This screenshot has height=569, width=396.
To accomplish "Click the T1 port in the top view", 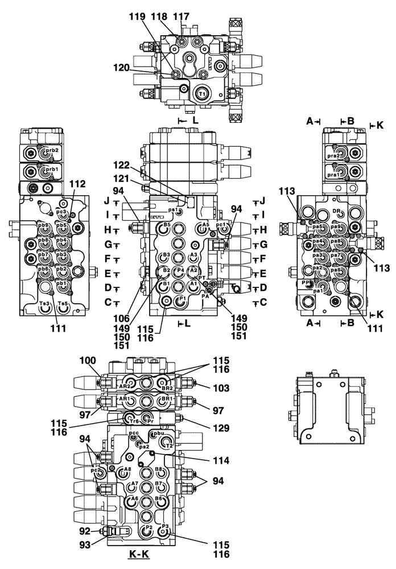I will pyautogui.click(x=202, y=93).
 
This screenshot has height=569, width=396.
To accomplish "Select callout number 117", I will pyautogui.click(x=182, y=17).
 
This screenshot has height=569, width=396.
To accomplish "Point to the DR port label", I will pyautogui.click(x=337, y=212).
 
